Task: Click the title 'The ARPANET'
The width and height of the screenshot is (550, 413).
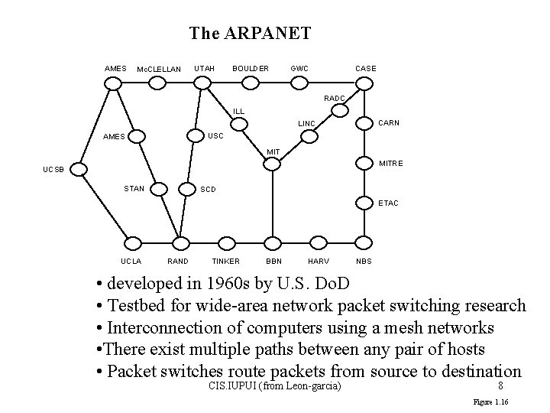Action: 250,33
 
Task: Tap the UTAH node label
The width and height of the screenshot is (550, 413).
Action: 204,69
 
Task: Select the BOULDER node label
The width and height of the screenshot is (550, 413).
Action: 250,69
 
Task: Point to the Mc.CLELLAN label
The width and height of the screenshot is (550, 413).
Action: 158,70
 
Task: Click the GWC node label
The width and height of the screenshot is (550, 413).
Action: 299,69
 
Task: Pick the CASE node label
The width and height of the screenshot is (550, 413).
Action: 366,69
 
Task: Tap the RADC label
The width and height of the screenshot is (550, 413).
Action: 335,98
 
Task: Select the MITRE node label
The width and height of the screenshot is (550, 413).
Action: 391,163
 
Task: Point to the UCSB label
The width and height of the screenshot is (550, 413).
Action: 53,170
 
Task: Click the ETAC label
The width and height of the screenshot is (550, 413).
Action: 388,203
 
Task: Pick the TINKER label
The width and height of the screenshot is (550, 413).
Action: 225,261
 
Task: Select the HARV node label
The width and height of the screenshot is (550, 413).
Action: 318,261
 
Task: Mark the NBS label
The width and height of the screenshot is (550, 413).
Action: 364,261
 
